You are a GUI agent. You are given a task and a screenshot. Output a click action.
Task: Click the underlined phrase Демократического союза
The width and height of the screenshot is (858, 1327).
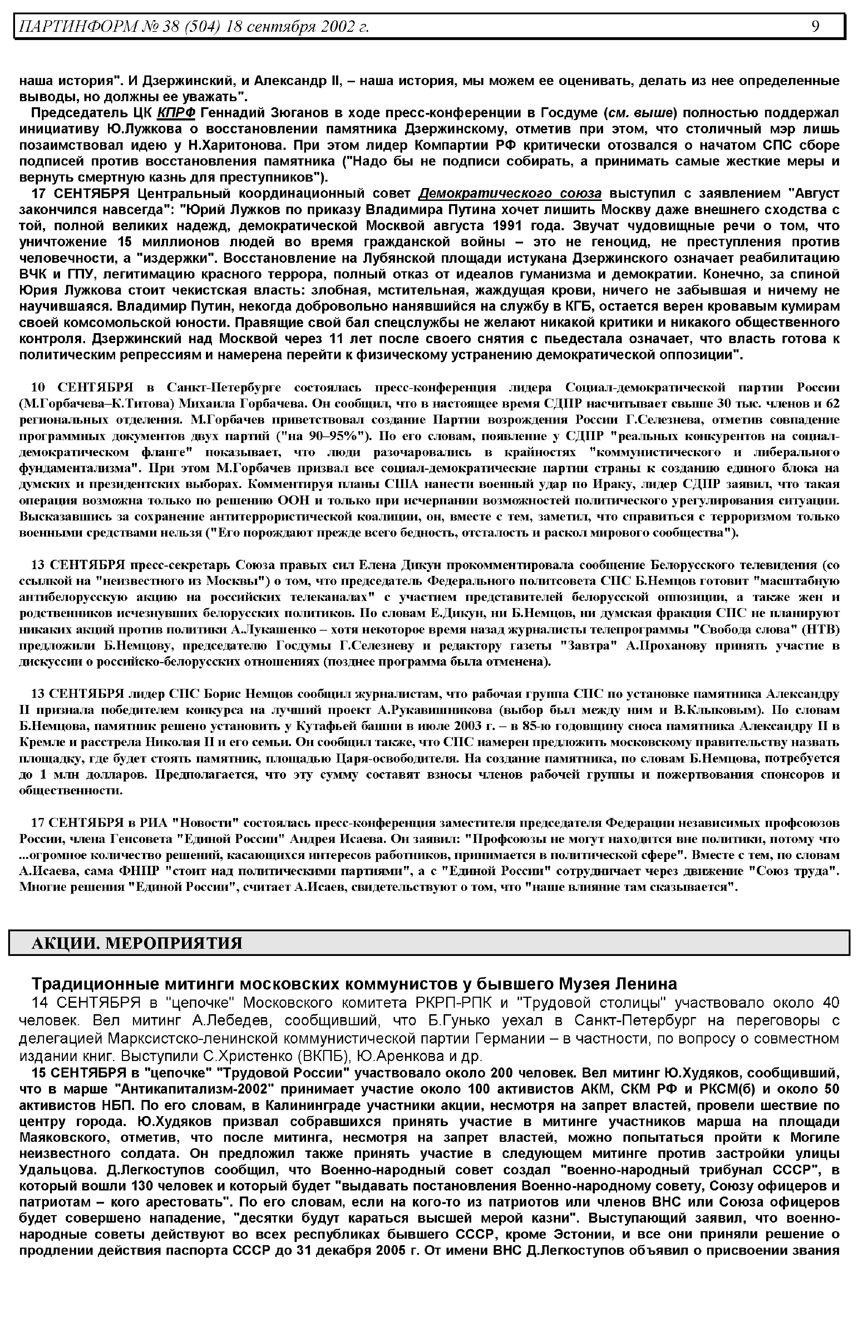(510, 194)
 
